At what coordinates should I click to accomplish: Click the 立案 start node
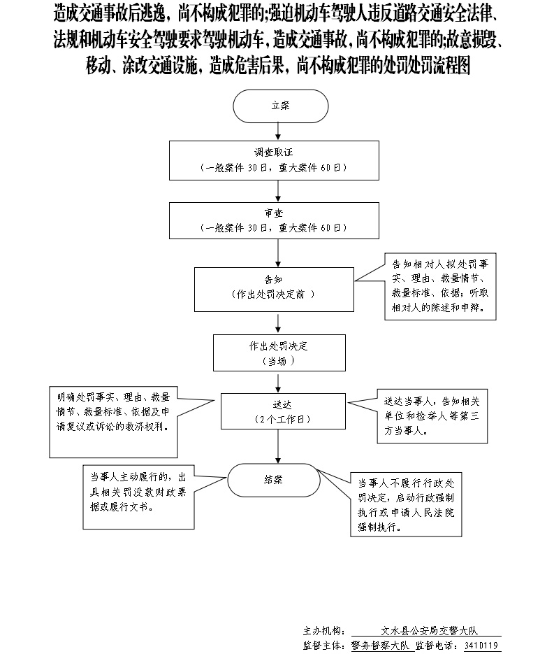280,107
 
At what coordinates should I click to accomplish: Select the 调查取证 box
280,160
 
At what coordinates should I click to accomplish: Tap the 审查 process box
280,220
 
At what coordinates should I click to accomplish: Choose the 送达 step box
282,411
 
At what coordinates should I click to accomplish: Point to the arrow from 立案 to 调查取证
280,132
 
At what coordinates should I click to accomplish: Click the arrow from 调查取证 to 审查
280,191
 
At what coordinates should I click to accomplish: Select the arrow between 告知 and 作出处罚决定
280,322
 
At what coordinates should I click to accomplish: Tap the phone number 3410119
482,645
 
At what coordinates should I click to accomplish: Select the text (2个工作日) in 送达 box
282,419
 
